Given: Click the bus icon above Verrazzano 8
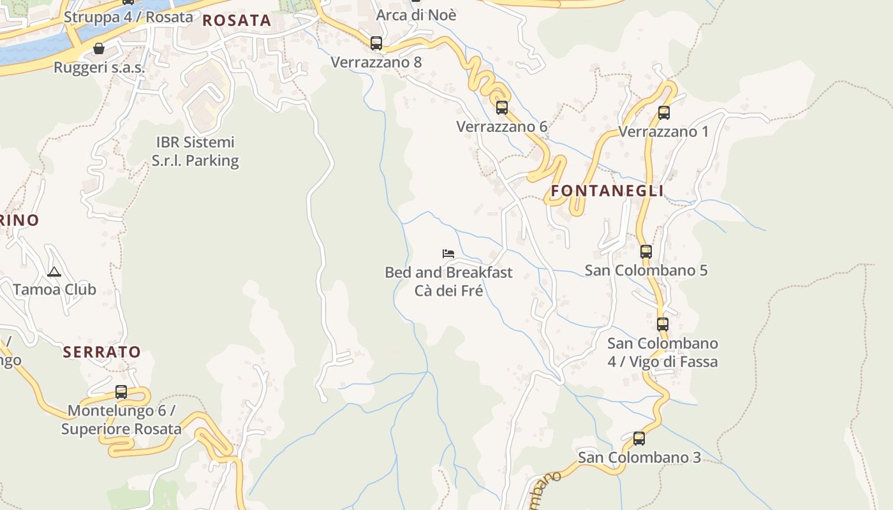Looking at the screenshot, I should pyautogui.click(x=376, y=43).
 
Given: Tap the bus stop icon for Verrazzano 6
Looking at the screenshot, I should pyautogui.click(x=502, y=107).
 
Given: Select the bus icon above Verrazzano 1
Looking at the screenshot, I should pyautogui.click(x=664, y=113).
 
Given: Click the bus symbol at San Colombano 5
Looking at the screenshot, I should pyautogui.click(x=646, y=251).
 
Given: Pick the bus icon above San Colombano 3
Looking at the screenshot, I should pyautogui.click(x=639, y=439).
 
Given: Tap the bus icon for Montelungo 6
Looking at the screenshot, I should pyautogui.click(x=121, y=391).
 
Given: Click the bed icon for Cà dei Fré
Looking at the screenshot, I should pyautogui.click(x=448, y=254).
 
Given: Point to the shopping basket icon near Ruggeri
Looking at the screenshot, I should pyautogui.click(x=99, y=48).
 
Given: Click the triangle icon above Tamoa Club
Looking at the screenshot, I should pyautogui.click(x=54, y=272).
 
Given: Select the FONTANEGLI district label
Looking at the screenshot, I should pyautogui.click(x=607, y=191).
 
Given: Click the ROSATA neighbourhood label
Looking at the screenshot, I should pyautogui.click(x=237, y=20).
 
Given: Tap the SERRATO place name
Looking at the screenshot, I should pyautogui.click(x=101, y=352).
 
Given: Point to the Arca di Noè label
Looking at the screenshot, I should pyautogui.click(x=416, y=15).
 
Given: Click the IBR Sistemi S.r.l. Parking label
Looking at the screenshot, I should pyautogui.click(x=195, y=151).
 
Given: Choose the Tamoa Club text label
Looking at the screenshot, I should pyautogui.click(x=55, y=289).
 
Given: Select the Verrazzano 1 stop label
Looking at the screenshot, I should pyautogui.click(x=663, y=132).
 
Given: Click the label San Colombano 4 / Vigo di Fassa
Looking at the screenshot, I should pyautogui.click(x=663, y=353).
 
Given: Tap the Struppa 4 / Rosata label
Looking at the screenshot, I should pyautogui.click(x=128, y=17).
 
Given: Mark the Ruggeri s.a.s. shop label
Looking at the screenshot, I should pyautogui.click(x=100, y=67).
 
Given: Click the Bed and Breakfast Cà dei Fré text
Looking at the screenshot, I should pyautogui.click(x=448, y=282).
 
